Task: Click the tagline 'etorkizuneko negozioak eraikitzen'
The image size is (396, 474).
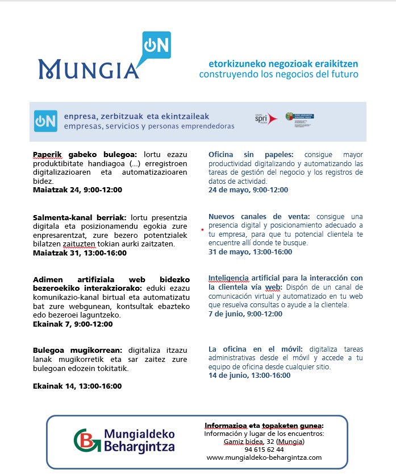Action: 278,64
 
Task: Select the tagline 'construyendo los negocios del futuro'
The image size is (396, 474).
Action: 278,75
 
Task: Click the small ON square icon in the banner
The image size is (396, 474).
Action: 45,121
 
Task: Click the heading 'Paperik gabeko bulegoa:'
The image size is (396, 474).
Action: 85,154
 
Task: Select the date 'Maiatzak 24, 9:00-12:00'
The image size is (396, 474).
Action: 77,189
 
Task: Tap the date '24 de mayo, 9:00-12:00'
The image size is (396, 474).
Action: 248,190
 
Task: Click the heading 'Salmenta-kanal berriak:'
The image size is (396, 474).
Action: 80,217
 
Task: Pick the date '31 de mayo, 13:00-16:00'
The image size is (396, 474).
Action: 250,252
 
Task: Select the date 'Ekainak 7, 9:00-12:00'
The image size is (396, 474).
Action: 73,324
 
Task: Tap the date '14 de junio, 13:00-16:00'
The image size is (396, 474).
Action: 249,376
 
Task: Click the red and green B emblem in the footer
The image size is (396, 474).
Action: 87,440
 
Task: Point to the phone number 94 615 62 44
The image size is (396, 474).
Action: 264,450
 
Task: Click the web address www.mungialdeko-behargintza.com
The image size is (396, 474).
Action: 264,457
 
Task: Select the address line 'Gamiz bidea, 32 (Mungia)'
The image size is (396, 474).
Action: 264,442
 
